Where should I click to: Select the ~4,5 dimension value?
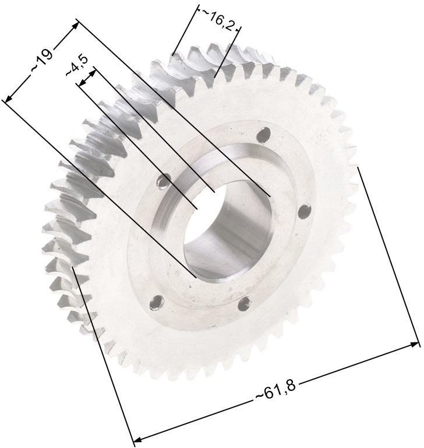77,66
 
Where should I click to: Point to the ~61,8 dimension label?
275,391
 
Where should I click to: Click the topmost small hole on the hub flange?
264,134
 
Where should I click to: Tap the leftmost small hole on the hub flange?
164,181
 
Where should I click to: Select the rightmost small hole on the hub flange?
305,212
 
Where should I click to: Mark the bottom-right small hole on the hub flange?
244,304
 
